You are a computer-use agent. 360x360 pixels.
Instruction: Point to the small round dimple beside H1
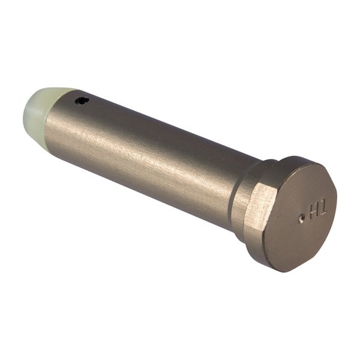tap(301, 220)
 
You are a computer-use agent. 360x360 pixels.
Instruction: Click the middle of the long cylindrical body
tap(150, 156)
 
